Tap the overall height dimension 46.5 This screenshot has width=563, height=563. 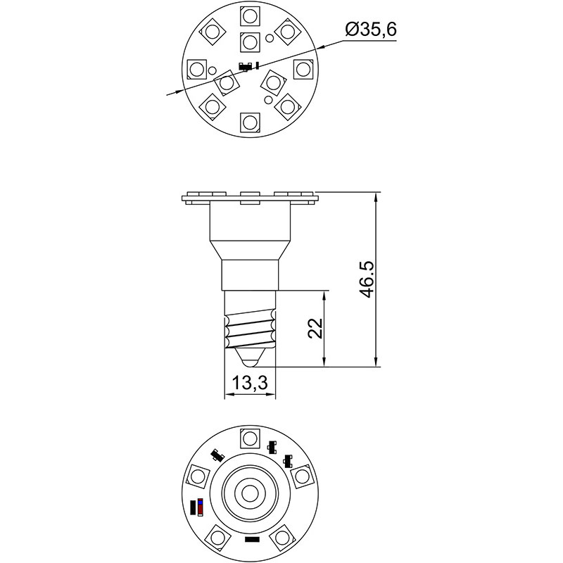[x=366, y=279]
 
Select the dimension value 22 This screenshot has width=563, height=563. [x=316, y=328]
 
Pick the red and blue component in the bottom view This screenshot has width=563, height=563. [x=201, y=507]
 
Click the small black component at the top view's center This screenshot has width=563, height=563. [x=246, y=67]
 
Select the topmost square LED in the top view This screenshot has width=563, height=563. [x=250, y=15]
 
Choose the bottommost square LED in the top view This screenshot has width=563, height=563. [x=250, y=122]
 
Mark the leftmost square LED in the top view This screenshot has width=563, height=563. [x=196, y=69]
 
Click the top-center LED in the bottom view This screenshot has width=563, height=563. [x=250, y=438]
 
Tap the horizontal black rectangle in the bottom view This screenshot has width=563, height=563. [x=251, y=540]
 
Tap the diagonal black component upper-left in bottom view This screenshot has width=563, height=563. [x=215, y=455]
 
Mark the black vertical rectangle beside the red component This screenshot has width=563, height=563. [x=194, y=507]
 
